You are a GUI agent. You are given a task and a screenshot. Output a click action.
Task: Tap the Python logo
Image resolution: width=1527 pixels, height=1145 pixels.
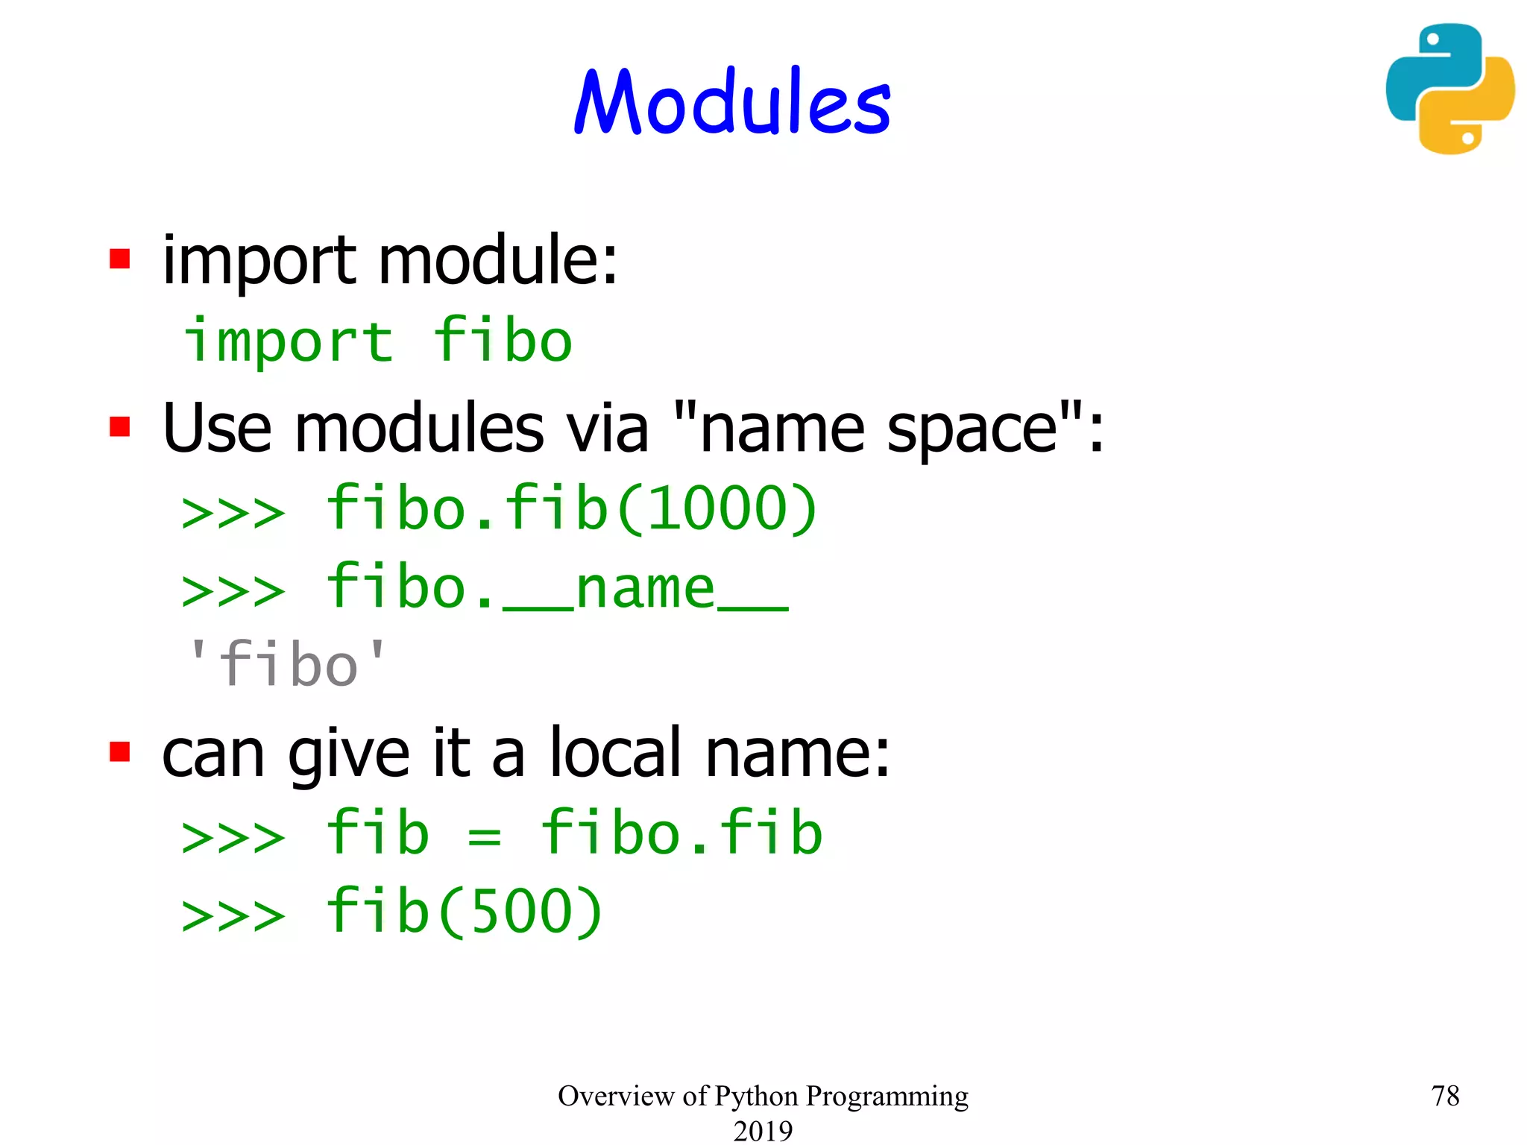click(x=1449, y=89)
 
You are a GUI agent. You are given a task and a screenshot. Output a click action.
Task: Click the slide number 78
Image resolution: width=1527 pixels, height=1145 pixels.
click(x=1445, y=1096)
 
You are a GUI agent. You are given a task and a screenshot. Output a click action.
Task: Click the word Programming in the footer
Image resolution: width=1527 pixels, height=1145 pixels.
click(x=887, y=1097)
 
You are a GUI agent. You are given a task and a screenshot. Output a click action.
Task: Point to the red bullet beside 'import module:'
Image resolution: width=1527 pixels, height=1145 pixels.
click(x=119, y=259)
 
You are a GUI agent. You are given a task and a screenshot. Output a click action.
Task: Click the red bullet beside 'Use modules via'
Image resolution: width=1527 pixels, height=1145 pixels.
click(x=119, y=427)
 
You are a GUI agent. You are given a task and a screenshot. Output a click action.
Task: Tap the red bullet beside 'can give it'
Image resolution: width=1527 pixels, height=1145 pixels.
click(x=119, y=751)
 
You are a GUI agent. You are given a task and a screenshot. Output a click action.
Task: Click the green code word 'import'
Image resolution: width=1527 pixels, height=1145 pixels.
click(x=288, y=341)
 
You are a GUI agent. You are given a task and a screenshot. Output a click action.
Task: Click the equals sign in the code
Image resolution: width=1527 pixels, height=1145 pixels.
click(x=484, y=836)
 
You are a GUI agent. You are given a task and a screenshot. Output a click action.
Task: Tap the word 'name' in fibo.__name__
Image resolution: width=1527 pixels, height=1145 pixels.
click(x=645, y=589)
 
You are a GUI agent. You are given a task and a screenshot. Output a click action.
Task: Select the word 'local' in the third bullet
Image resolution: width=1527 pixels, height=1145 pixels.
click(x=615, y=753)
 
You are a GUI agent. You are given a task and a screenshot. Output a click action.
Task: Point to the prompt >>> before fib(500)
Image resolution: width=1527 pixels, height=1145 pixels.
click(x=233, y=915)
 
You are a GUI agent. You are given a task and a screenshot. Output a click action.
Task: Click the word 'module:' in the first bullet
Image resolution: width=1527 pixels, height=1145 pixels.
click(x=498, y=260)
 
